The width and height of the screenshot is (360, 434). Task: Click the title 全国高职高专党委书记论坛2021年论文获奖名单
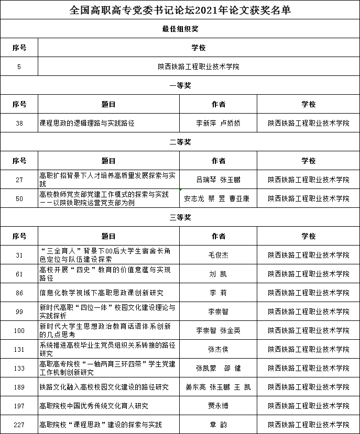(180, 10)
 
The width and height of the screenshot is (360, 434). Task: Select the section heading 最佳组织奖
(180, 29)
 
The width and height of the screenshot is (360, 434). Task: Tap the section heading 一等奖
(180, 85)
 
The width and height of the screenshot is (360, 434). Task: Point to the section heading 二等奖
(180, 142)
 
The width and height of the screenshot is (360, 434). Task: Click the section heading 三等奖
(180, 217)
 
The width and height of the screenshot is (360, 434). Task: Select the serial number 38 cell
(19, 124)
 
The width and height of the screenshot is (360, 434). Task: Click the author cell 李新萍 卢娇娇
(218, 124)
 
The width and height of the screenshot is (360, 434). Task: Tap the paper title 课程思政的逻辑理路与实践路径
(88, 124)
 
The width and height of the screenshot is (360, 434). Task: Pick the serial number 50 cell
(19, 198)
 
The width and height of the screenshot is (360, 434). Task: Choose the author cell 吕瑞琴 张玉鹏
(218, 180)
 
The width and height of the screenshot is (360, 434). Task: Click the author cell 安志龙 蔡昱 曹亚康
(218, 198)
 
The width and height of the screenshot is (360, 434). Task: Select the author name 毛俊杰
(218, 255)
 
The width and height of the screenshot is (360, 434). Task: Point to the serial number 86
(19, 293)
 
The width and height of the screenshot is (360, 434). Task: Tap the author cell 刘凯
(218, 274)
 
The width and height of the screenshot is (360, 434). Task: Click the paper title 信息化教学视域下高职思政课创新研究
(102, 293)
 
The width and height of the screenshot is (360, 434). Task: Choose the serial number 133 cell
(19, 368)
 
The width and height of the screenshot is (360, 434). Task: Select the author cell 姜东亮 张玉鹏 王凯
(218, 387)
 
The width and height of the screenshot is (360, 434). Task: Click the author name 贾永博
(218, 406)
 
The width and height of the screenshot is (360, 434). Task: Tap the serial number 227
(19, 425)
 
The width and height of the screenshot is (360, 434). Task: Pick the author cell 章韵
(218, 425)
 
